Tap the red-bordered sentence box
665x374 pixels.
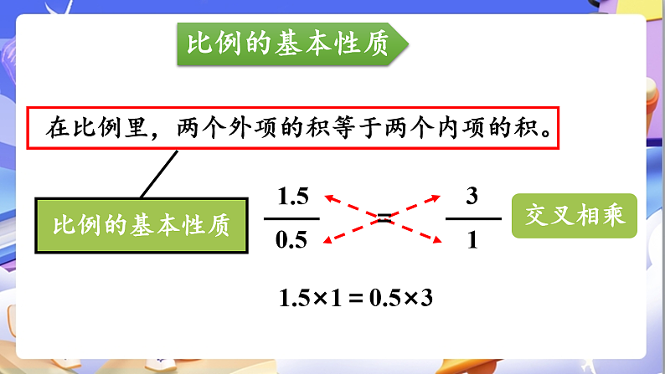[292, 128]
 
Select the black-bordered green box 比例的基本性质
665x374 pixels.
[141, 226]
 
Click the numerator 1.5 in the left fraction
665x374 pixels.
[292, 197]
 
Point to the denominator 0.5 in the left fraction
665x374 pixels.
[291, 241]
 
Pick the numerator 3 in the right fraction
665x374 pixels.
[472, 197]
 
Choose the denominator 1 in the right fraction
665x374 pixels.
[472, 241]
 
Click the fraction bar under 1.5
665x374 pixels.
[292, 219]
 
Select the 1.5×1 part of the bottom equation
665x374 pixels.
[310, 298]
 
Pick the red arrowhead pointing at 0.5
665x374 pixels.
[328, 241]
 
